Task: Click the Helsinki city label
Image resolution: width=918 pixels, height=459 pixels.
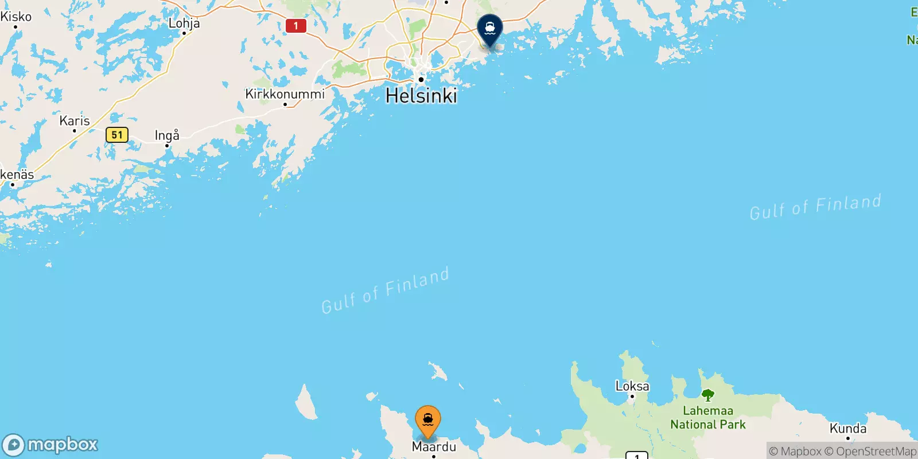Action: coord(421,96)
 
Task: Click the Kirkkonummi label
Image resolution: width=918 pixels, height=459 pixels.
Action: coord(285,94)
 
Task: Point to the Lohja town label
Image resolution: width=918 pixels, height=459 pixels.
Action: coord(184,23)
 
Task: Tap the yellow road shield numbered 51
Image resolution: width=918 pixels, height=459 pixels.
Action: coord(117,135)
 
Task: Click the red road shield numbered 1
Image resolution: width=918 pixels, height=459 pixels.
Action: coord(296,26)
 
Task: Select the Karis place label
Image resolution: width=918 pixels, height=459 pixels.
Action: coord(75,120)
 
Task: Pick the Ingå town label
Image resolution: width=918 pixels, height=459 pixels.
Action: coord(167,135)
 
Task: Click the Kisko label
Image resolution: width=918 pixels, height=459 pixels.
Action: coord(16,17)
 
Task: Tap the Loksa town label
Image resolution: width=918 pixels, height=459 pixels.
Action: coord(632,386)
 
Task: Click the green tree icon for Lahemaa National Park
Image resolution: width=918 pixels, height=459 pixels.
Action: coord(708,395)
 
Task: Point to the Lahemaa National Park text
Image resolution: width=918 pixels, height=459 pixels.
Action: coord(708,418)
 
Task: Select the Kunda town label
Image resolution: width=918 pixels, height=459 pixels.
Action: coord(848,429)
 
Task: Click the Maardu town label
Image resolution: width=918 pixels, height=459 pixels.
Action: coord(434,446)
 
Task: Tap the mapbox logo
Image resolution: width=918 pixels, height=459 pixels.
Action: coord(50,445)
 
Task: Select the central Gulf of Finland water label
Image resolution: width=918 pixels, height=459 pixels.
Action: coord(385,291)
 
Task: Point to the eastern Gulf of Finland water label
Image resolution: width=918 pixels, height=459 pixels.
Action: coord(815,207)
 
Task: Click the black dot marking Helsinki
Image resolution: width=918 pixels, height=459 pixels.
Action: coord(421,80)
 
